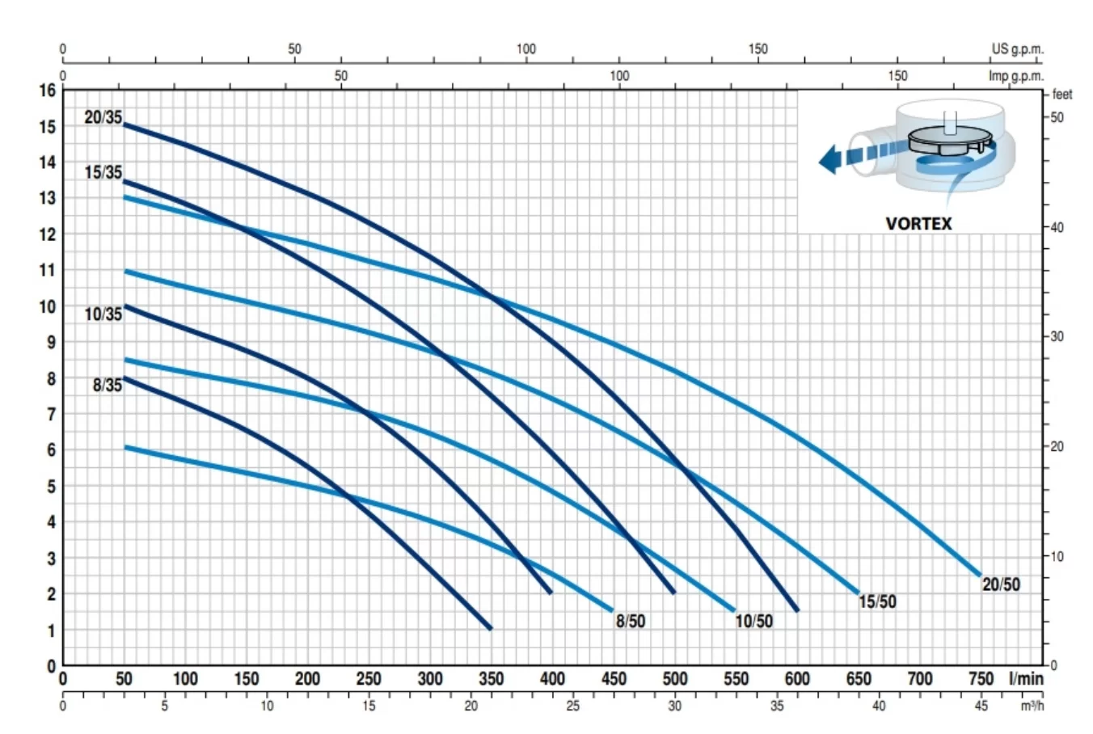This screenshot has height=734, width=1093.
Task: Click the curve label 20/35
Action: tap(103, 117)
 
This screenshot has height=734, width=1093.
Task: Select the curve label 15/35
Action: tap(103, 172)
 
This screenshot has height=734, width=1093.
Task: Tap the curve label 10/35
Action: tap(103, 314)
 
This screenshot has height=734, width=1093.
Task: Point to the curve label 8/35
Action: tap(107, 385)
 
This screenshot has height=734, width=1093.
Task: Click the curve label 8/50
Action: tap(631, 621)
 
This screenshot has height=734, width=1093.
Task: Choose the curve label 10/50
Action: tap(753, 621)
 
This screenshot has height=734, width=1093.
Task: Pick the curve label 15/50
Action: tap(877, 601)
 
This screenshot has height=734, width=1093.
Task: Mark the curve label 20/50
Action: tap(1001, 584)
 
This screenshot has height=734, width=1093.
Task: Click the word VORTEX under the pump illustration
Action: tap(918, 223)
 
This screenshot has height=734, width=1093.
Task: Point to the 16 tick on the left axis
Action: tap(48, 91)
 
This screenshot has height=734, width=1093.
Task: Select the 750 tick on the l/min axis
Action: tap(981, 678)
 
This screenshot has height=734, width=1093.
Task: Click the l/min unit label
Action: tap(1026, 678)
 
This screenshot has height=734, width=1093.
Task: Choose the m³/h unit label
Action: tap(1031, 706)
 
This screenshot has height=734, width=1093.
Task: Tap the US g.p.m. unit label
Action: tap(1017, 49)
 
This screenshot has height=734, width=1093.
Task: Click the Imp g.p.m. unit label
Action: tap(1016, 76)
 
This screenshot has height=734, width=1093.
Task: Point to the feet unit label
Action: tap(1062, 95)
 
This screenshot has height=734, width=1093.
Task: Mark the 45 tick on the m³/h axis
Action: tap(981, 706)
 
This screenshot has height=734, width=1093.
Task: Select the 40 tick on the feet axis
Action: tap(1057, 227)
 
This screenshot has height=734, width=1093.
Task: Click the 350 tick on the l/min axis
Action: tap(491, 678)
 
